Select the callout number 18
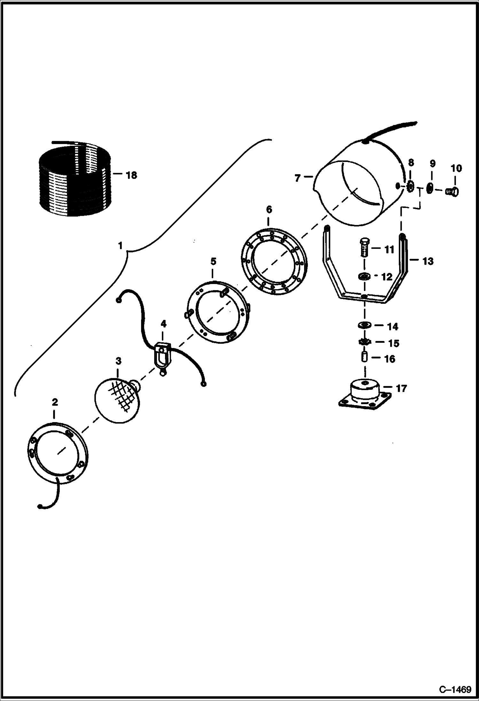131,175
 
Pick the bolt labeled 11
365,247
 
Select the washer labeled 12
365,276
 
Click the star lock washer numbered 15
365,342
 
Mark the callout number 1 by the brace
120,246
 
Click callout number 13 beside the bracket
428,261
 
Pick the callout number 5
213,261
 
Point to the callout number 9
432,164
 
